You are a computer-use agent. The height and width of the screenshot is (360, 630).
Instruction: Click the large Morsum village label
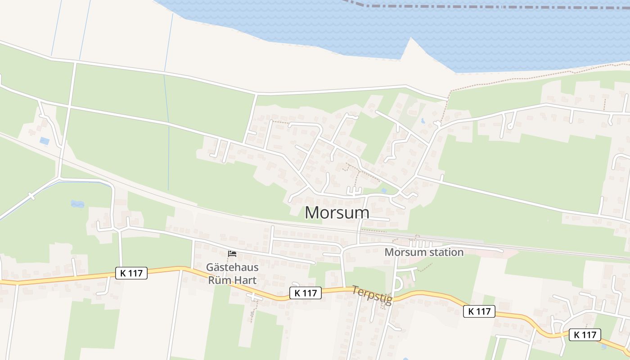tap(337, 212)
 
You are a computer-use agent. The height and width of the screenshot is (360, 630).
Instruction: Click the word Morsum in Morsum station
tap(404, 252)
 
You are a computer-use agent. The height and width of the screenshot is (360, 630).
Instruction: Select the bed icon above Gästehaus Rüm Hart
tap(232, 254)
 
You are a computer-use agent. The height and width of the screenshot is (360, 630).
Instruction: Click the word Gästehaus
tap(232, 267)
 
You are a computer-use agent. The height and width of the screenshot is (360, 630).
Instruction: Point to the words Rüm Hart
tap(232, 280)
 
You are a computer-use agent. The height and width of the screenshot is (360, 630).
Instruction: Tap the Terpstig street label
tap(372, 295)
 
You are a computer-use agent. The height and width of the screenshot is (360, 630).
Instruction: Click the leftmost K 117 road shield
tap(131, 273)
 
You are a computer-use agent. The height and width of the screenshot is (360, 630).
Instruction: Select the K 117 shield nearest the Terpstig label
tap(305, 293)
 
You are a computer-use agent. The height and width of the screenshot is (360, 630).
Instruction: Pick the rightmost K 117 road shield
tap(585, 335)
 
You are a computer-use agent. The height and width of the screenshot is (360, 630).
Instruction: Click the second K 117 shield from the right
tap(479, 311)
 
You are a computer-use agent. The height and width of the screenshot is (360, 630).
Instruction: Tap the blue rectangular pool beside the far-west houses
tap(45, 141)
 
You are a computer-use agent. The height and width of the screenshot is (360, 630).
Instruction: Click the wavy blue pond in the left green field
tap(77, 204)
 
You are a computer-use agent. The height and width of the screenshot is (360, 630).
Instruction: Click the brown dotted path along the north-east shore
tap(517, 77)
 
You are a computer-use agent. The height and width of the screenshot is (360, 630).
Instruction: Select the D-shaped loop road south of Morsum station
tap(398, 283)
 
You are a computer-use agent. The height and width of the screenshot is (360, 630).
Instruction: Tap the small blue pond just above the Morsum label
tap(383, 191)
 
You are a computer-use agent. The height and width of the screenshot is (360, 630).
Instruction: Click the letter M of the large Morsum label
tap(313, 212)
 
